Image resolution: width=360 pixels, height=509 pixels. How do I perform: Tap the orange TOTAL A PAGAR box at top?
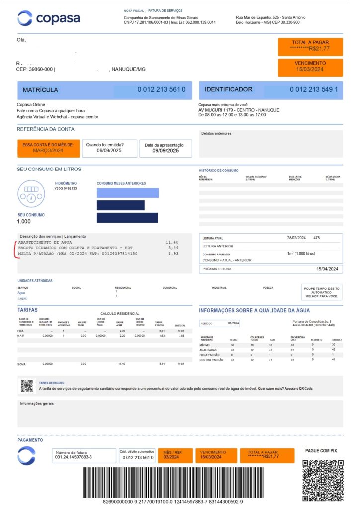pyautogui.click(x=310, y=46)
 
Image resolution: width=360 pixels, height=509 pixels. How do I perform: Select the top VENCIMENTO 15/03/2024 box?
pyautogui.click(x=310, y=67)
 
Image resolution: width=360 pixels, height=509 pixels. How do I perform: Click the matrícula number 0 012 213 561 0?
pyautogui.click(x=162, y=90)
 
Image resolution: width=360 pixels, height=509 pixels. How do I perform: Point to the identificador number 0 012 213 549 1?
pyautogui.click(x=314, y=90)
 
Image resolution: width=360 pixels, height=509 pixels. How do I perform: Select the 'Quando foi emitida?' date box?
pyautogui.click(x=109, y=148)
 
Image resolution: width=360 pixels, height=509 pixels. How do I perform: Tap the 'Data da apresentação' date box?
pyautogui.click(x=166, y=148)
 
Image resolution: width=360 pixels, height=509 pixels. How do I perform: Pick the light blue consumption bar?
pyautogui.click(x=128, y=193)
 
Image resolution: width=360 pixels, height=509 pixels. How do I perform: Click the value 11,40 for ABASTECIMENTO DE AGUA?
pyautogui.click(x=172, y=242)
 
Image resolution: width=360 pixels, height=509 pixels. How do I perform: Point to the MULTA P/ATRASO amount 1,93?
pyautogui.click(x=173, y=254)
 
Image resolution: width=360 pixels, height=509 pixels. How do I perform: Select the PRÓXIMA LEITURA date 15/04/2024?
pyautogui.click(x=327, y=269)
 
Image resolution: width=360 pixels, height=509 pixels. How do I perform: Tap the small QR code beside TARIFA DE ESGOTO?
pyautogui.click(x=27, y=385)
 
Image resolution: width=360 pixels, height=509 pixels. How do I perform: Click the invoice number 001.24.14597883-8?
pyautogui.click(x=74, y=457)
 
